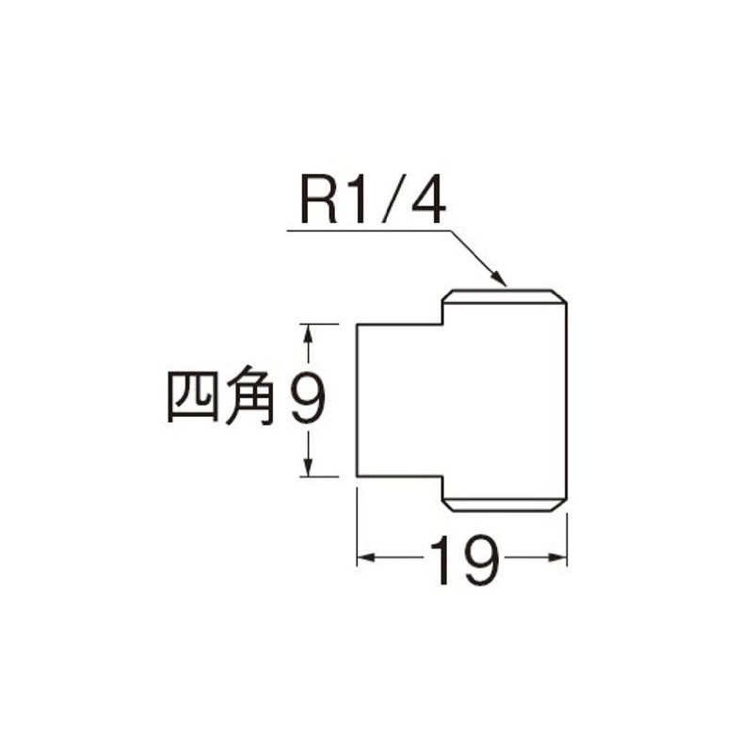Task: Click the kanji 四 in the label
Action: click(x=192, y=398)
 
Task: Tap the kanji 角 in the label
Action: click(x=250, y=396)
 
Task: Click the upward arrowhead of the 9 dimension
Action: click(x=309, y=333)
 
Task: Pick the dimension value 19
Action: click(x=464, y=560)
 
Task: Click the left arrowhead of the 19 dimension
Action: click(x=366, y=557)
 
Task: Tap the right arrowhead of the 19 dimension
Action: click(x=558, y=557)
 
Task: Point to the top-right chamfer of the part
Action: click(x=559, y=296)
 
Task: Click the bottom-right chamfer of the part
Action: click(x=559, y=505)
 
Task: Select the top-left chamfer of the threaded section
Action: click(x=448, y=296)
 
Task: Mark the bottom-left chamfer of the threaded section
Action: click(x=448, y=505)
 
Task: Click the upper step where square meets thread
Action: click(x=442, y=313)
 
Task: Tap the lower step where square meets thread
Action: click(x=441, y=488)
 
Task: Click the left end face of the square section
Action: click(x=357, y=401)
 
